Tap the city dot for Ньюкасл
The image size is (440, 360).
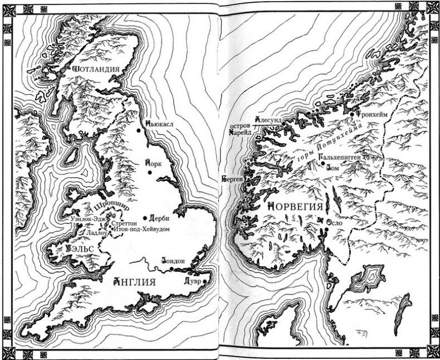click(x=139, y=130)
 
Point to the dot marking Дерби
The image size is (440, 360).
click(x=145, y=218)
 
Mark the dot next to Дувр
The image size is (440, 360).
click(x=205, y=282)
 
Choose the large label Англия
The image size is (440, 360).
click(x=133, y=282)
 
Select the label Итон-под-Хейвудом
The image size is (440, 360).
click(x=141, y=229)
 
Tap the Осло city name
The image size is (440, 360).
click(x=333, y=221)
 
